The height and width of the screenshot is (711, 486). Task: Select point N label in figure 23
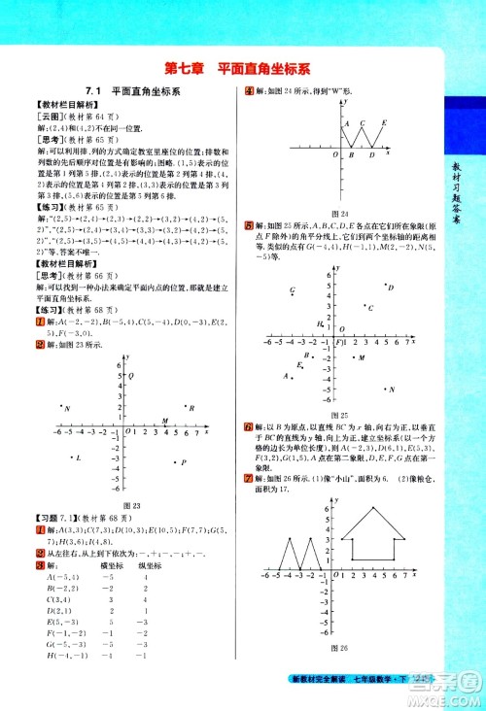coord(67,409)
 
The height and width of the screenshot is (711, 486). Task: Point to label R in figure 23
coord(191,408)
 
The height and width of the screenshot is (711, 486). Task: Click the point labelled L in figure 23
coord(77,457)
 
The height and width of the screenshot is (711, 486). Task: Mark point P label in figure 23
coord(182,462)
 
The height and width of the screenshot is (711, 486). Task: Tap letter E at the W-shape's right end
coord(384,122)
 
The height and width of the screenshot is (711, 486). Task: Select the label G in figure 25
coord(292,290)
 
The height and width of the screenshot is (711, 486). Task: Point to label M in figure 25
coord(361,357)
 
